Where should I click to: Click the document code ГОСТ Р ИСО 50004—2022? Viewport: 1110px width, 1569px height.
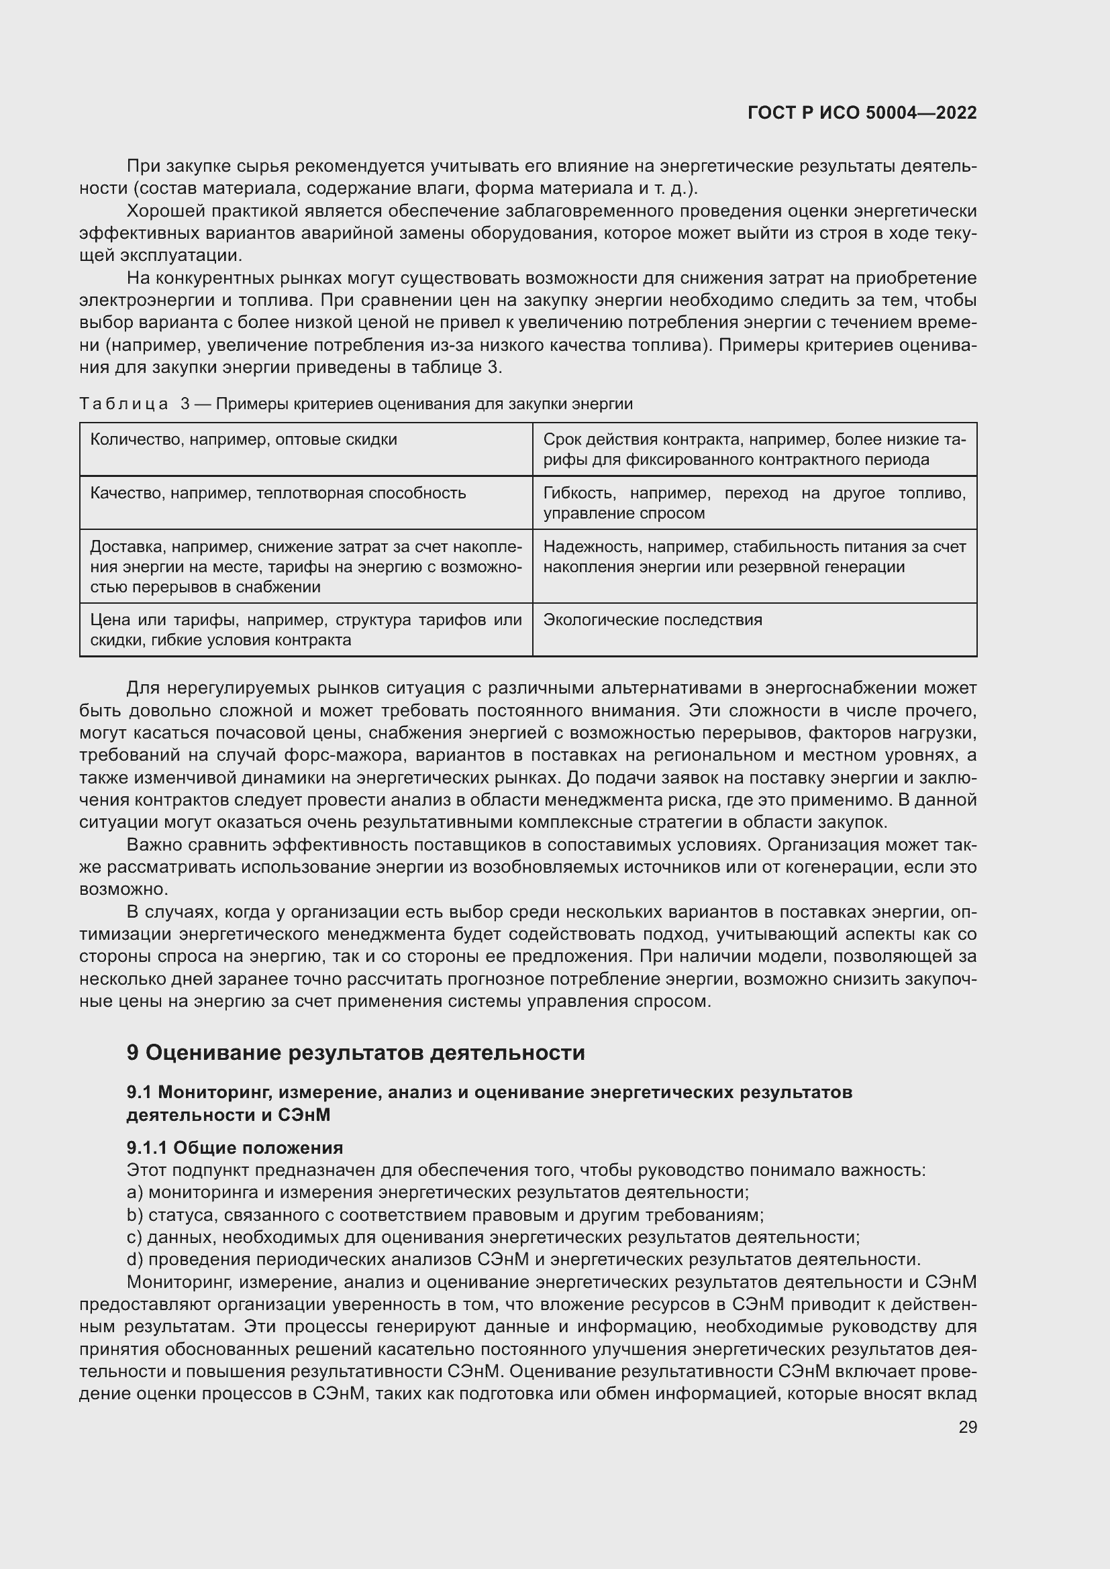[x=862, y=113]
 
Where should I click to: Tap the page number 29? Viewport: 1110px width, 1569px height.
[x=967, y=1427]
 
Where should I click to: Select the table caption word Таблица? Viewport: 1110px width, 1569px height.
[x=123, y=404]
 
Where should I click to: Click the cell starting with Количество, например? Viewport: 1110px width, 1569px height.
[x=244, y=440]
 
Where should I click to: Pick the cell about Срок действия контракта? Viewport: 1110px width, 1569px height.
[x=754, y=449]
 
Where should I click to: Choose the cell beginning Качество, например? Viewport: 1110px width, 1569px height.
[x=278, y=494]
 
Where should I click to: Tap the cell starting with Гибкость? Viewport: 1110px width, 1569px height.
[x=754, y=503]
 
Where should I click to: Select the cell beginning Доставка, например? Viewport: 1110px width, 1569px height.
[x=305, y=567]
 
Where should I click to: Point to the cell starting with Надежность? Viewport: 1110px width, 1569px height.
[x=754, y=557]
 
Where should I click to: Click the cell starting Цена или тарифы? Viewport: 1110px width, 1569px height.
[x=305, y=630]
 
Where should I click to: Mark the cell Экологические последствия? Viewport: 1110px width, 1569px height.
[x=653, y=620]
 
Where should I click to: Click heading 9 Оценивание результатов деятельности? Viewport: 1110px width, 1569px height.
[x=356, y=1052]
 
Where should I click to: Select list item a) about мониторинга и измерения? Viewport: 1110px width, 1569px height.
[x=438, y=1193]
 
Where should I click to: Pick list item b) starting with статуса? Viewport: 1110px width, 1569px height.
[x=444, y=1215]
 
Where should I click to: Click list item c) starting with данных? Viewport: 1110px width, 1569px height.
[x=492, y=1238]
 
